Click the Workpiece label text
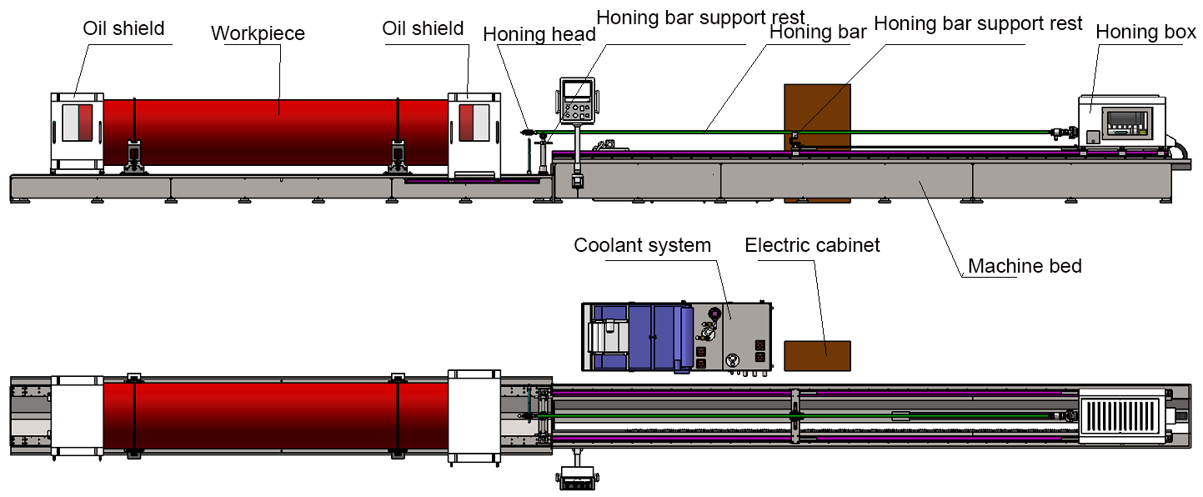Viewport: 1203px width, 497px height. click(x=258, y=34)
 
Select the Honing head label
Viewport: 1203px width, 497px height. click(x=539, y=35)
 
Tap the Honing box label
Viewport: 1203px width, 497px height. click(x=1145, y=33)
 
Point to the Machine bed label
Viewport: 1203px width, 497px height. click(x=1025, y=267)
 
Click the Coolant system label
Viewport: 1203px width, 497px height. click(x=642, y=246)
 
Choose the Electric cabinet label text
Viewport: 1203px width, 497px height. click(x=812, y=246)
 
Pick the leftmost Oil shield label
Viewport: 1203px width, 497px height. click(x=123, y=28)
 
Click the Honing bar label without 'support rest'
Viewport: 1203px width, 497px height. click(x=818, y=33)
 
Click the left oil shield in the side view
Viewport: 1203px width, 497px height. click(x=77, y=133)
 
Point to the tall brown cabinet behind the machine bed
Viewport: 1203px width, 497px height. click(x=817, y=108)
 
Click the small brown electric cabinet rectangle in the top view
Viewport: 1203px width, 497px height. click(x=817, y=355)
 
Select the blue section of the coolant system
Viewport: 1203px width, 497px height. click(x=654, y=336)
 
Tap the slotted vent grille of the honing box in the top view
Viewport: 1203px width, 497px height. click(x=1120, y=414)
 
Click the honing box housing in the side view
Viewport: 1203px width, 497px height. click(x=1121, y=121)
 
